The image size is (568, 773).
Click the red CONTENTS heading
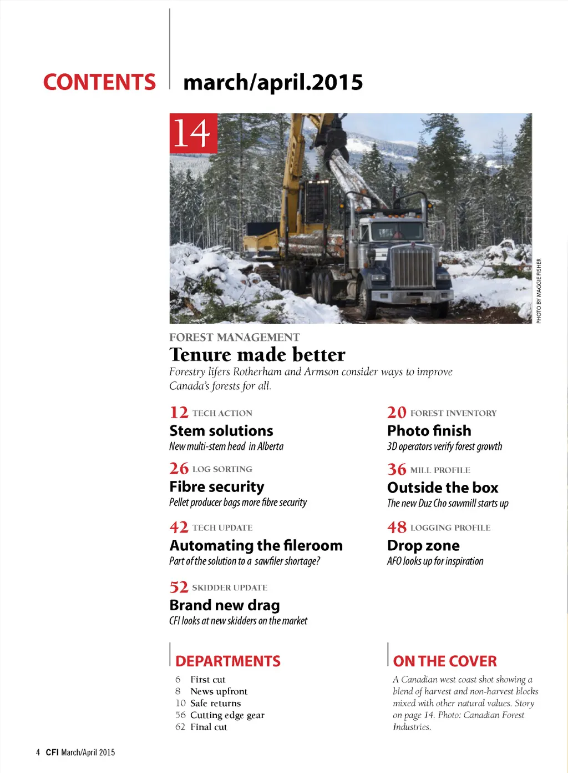[x=99, y=82]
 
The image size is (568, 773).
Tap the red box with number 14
[x=193, y=133]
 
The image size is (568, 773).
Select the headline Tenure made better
[x=257, y=354]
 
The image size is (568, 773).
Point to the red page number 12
[x=179, y=413]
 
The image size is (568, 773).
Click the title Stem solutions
[x=221, y=431]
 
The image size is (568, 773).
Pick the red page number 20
[x=397, y=413]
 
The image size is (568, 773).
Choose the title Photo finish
[x=429, y=431]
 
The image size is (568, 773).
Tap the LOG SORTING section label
[x=222, y=469]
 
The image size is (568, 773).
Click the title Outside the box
[x=443, y=488]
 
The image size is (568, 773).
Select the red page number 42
[x=179, y=527]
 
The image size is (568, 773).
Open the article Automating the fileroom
[x=256, y=545]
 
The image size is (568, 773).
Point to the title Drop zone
[x=423, y=545]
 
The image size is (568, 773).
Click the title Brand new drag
[x=224, y=605]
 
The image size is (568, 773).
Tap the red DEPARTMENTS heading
[x=227, y=661]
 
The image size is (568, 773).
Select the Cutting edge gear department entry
[x=227, y=715]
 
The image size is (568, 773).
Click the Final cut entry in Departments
[x=209, y=727]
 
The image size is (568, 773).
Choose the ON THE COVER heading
[x=444, y=661]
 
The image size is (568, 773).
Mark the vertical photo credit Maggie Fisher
[x=539, y=290]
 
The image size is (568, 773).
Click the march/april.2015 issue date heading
[x=273, y=82]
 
